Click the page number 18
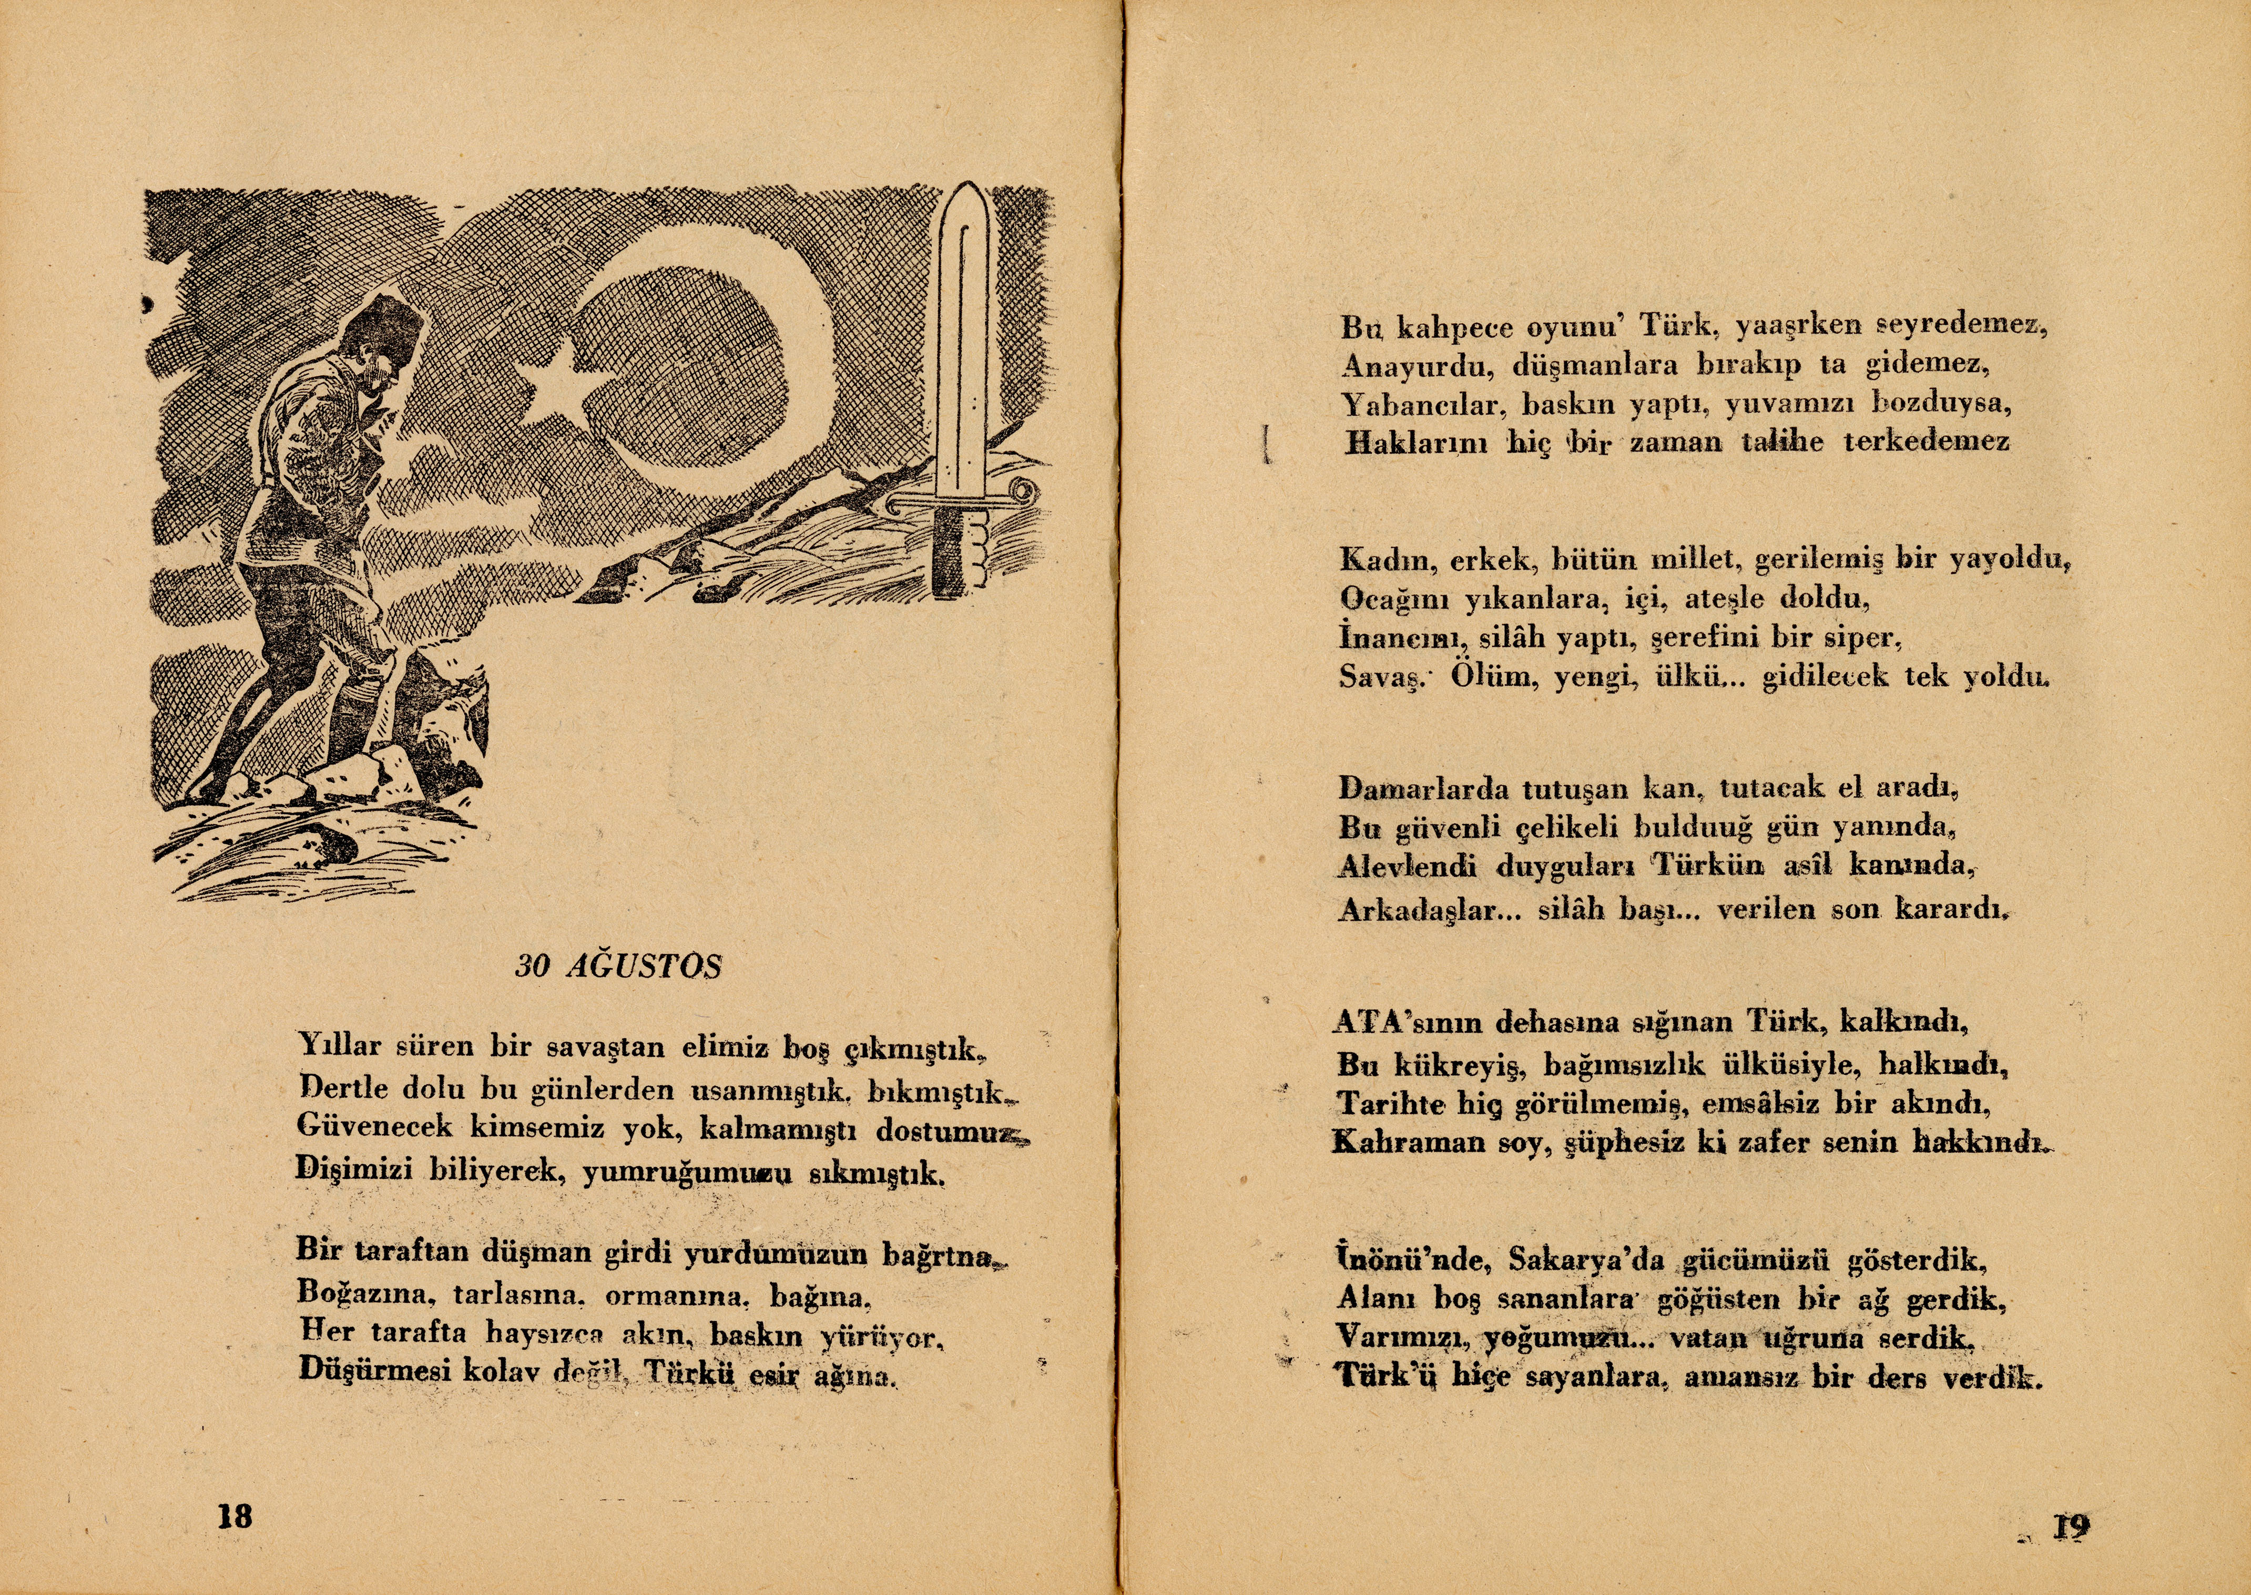click(x=235, y=1516)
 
